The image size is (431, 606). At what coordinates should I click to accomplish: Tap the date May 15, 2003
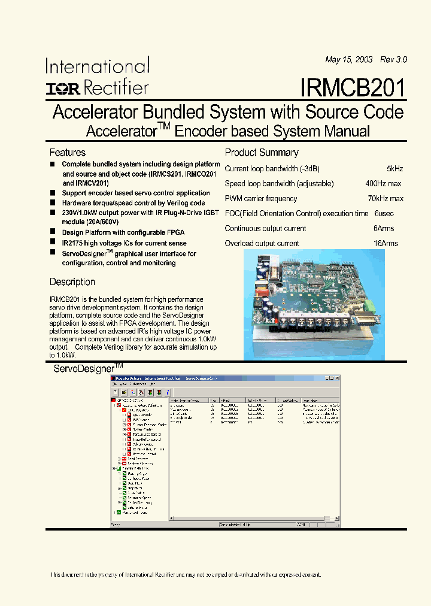coord(349,60)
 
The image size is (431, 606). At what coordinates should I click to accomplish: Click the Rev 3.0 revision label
coord(393,60)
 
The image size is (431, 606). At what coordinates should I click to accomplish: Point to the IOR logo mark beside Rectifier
coord(63,89)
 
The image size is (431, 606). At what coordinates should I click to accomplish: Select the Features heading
coord(67,153)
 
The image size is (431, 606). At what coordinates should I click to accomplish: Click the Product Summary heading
coord(262,153)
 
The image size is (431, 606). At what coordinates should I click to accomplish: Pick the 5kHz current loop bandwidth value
coord(395,169)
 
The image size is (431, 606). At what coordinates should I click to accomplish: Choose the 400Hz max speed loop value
coord(383,184)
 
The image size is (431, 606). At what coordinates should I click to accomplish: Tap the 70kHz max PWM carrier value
coord(386,199)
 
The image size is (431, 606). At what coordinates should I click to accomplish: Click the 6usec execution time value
coord(384,214)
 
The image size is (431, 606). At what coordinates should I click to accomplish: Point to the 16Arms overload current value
coord(386,244)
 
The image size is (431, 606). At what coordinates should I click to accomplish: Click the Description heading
coord(72,282)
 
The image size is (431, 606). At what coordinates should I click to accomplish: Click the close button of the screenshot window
coord(336,378)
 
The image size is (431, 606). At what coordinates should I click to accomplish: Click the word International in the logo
coord(98,66)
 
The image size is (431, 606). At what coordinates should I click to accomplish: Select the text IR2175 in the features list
coord(74,243)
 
